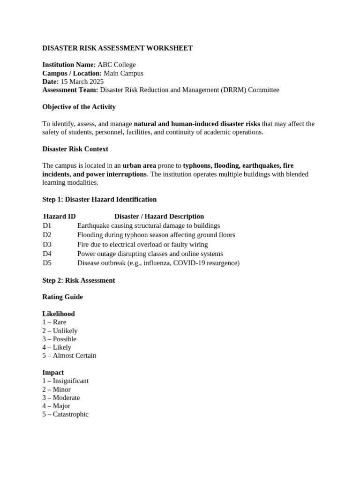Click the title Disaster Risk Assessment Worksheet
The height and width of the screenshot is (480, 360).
coord(117,48)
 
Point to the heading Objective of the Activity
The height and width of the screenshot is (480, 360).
coord(79,107)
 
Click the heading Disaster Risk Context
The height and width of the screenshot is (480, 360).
coord(75,149)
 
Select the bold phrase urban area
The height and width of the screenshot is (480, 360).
coord(139,166)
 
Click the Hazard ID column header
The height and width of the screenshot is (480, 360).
coord(60,217)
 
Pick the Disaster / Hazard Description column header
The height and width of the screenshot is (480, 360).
coord(159,217)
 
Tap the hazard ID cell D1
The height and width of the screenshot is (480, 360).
coord(47,225)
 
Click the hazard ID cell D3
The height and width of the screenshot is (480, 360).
coord(47,244)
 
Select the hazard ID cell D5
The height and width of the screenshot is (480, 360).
coord(47,263)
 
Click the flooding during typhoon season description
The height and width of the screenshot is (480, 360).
coord(156,235)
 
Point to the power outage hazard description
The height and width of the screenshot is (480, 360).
coord(150,254)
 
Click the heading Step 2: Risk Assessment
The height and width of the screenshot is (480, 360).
coord(79,280)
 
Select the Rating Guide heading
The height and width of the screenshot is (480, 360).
coord(62,297)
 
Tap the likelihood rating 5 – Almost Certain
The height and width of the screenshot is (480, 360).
coord(69,356)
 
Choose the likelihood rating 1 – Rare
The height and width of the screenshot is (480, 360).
coord(54,322)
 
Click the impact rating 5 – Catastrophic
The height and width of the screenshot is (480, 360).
coord(65,414)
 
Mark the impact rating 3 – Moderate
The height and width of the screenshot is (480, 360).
coord(61,397)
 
